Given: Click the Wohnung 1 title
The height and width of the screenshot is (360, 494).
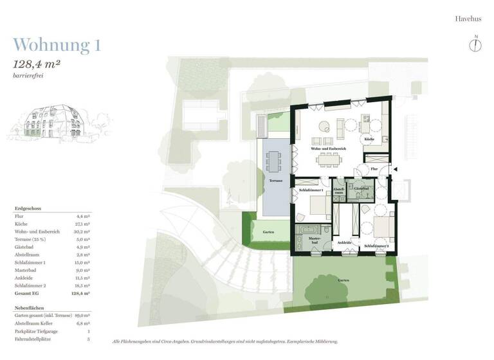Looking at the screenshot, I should (x=57, y=45).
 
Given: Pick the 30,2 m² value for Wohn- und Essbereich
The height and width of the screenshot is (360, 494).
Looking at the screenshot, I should (x=83, y=231).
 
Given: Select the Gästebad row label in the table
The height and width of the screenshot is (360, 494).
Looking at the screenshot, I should (x=24, y=246).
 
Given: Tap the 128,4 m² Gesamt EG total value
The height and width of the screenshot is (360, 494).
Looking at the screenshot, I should (x=82, y=292).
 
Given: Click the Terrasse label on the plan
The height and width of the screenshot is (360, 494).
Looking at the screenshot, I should (x=277, y=182).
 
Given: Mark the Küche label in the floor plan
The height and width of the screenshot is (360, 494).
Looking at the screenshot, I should (x=369, y=139).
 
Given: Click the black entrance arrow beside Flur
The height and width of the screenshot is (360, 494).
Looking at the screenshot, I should (x=395, y=169).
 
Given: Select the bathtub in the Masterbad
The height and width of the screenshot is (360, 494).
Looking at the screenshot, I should (x=304, y=228).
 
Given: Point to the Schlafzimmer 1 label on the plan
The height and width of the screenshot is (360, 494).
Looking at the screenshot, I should (x=311, y=190).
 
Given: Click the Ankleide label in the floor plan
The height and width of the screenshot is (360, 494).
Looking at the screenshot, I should (x=345, y=243).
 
